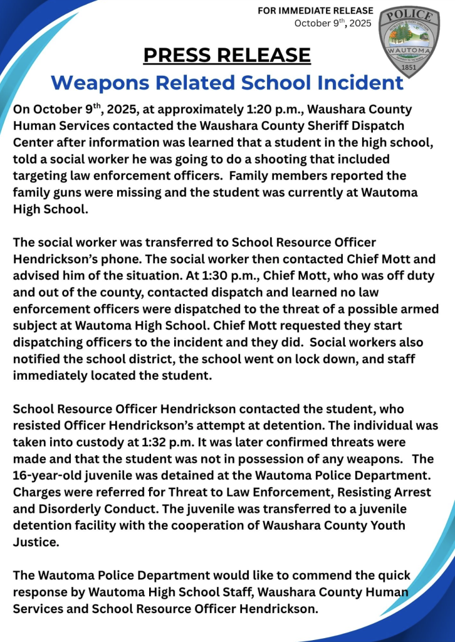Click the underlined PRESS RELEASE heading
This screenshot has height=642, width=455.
227,55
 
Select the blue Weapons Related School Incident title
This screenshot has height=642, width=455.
227,83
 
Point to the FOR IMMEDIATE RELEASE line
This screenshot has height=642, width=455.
315,11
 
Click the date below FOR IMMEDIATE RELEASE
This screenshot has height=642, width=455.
333,23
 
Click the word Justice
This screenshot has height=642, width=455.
35,541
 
